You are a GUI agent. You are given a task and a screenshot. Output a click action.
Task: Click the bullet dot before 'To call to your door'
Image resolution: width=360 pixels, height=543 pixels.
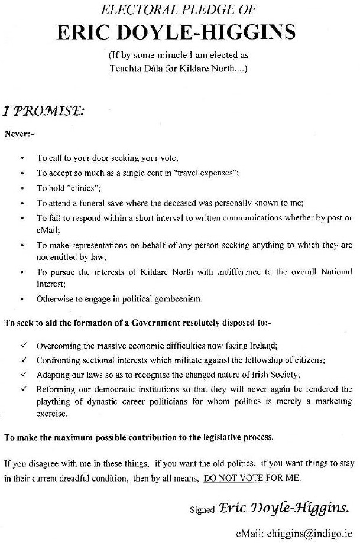22,158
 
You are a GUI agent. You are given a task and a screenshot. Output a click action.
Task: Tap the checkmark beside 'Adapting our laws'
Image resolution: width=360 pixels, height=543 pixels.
22,374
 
